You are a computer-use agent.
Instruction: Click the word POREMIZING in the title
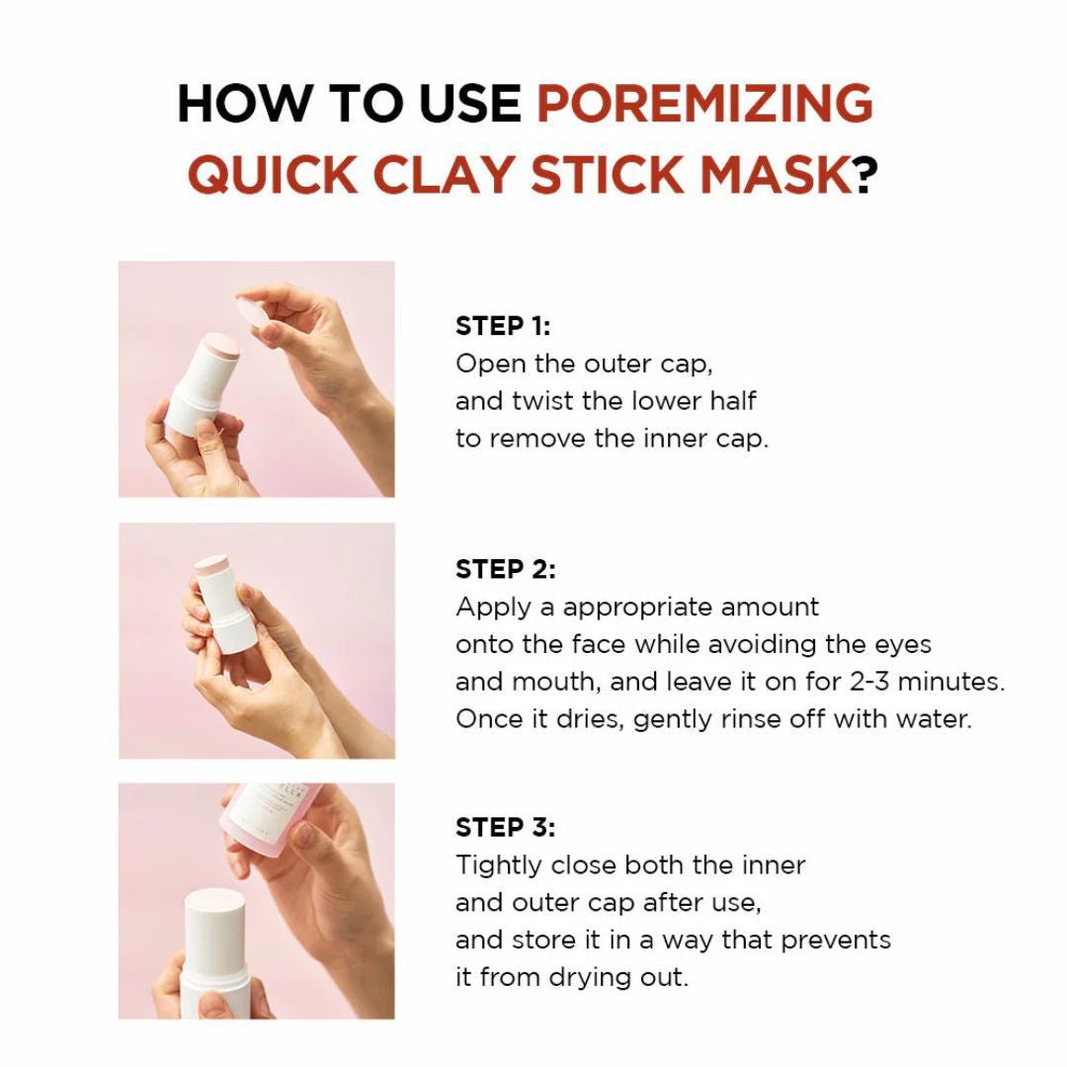click(x=704, y=104)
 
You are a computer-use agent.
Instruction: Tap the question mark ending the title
click(x=864, y=175)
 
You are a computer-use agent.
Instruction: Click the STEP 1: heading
click(x=503, y=326)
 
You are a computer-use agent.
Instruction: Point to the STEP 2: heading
click(x=506, y=569)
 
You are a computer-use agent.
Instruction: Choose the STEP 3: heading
click(x=506, y=827)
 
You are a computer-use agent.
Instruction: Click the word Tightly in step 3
click(x=498, y=865)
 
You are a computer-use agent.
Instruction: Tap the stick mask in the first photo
click(x=204, y=381)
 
